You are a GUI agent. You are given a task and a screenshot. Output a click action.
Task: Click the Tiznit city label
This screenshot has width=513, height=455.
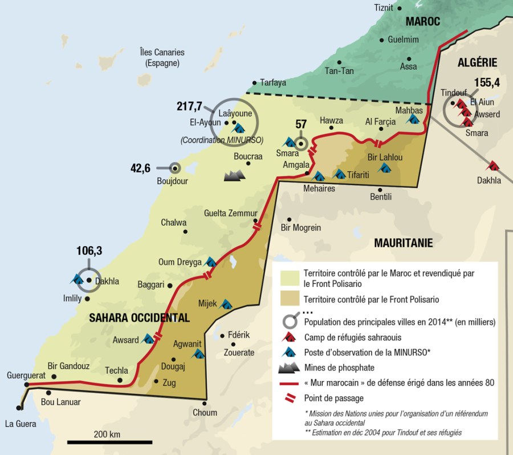(384, 7)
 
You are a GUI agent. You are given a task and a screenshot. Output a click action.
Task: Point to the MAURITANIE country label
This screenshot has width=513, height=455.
(403, 243)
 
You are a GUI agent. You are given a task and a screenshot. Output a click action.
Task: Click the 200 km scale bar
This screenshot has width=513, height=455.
(109, 441)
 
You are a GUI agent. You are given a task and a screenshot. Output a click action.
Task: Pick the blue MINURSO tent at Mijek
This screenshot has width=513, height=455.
(226, 304)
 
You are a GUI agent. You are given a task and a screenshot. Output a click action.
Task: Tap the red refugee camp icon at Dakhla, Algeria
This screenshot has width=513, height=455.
(492, 166)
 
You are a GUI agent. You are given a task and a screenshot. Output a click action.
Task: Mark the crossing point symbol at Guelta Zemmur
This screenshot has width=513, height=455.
(258, 225)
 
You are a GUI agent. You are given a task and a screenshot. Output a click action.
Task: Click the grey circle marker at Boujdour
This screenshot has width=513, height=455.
(175, 168)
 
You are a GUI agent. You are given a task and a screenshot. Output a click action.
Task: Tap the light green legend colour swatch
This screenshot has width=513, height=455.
(290, 277)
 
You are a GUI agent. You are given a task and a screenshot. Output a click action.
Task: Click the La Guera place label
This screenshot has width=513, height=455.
(20, 424)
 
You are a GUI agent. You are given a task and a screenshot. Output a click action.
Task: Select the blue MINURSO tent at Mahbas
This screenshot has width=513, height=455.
(413, 119)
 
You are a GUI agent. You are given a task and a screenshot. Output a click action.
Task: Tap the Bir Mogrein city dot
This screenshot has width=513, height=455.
(290, 219)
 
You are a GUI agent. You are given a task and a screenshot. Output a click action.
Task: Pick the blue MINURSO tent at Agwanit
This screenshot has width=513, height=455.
(198, 354)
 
